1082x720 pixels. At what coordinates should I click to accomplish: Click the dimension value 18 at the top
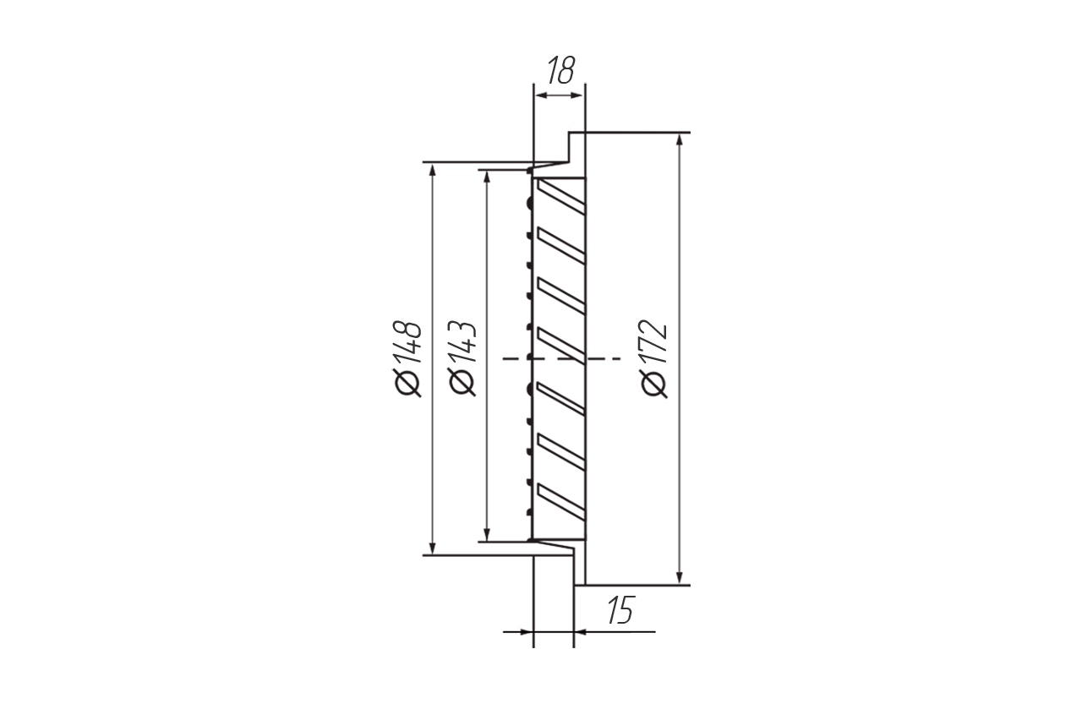click(560, 70)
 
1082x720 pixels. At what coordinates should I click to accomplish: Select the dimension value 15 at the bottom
click(620, 609)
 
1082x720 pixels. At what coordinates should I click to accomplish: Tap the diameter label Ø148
click(408, 359)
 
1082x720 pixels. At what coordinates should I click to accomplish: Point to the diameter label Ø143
click(462, 359)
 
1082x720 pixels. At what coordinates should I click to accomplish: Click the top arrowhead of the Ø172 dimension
click(680, 139)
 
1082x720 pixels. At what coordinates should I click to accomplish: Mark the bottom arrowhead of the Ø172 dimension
click(680, 577)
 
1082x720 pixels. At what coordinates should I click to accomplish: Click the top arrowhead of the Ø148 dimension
click(432, 170)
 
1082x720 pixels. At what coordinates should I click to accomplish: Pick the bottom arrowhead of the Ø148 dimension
click(432, 548)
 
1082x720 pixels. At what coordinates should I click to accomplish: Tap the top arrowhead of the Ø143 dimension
click(487, 177)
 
